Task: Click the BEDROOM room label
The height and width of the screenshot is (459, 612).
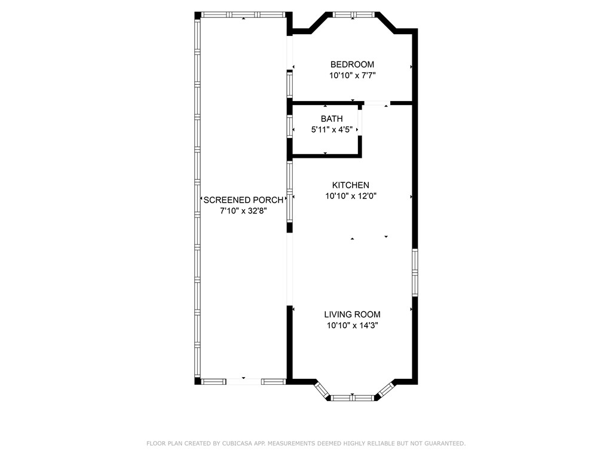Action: pyautogui.click(x=353, y=65)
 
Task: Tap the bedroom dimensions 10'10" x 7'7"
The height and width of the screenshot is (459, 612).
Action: pyautogui.click(x=353, y=76)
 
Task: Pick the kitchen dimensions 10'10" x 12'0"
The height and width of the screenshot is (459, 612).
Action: pyautogui.click(x=351, y=196)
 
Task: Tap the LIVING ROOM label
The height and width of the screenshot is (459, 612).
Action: pyautogui.click(x=352, y=314)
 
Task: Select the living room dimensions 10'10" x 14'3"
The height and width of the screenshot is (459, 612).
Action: pyautogui.click(x=352, y=326)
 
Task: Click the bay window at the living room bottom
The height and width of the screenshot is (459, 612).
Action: pyautogui.click(x=353, y=397)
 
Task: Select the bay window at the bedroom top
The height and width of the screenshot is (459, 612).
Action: pyautogui.click(x=353, y=14)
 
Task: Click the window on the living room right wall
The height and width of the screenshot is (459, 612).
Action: pyautogui.click(x=415, y=273)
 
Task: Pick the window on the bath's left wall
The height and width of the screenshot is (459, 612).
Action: pyautogui.click(x=289, y=127)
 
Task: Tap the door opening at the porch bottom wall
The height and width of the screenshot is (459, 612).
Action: pyautogui.click(x=244, y=381)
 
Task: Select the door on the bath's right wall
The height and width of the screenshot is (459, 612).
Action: pyautogui.click(x=360, y=123)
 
